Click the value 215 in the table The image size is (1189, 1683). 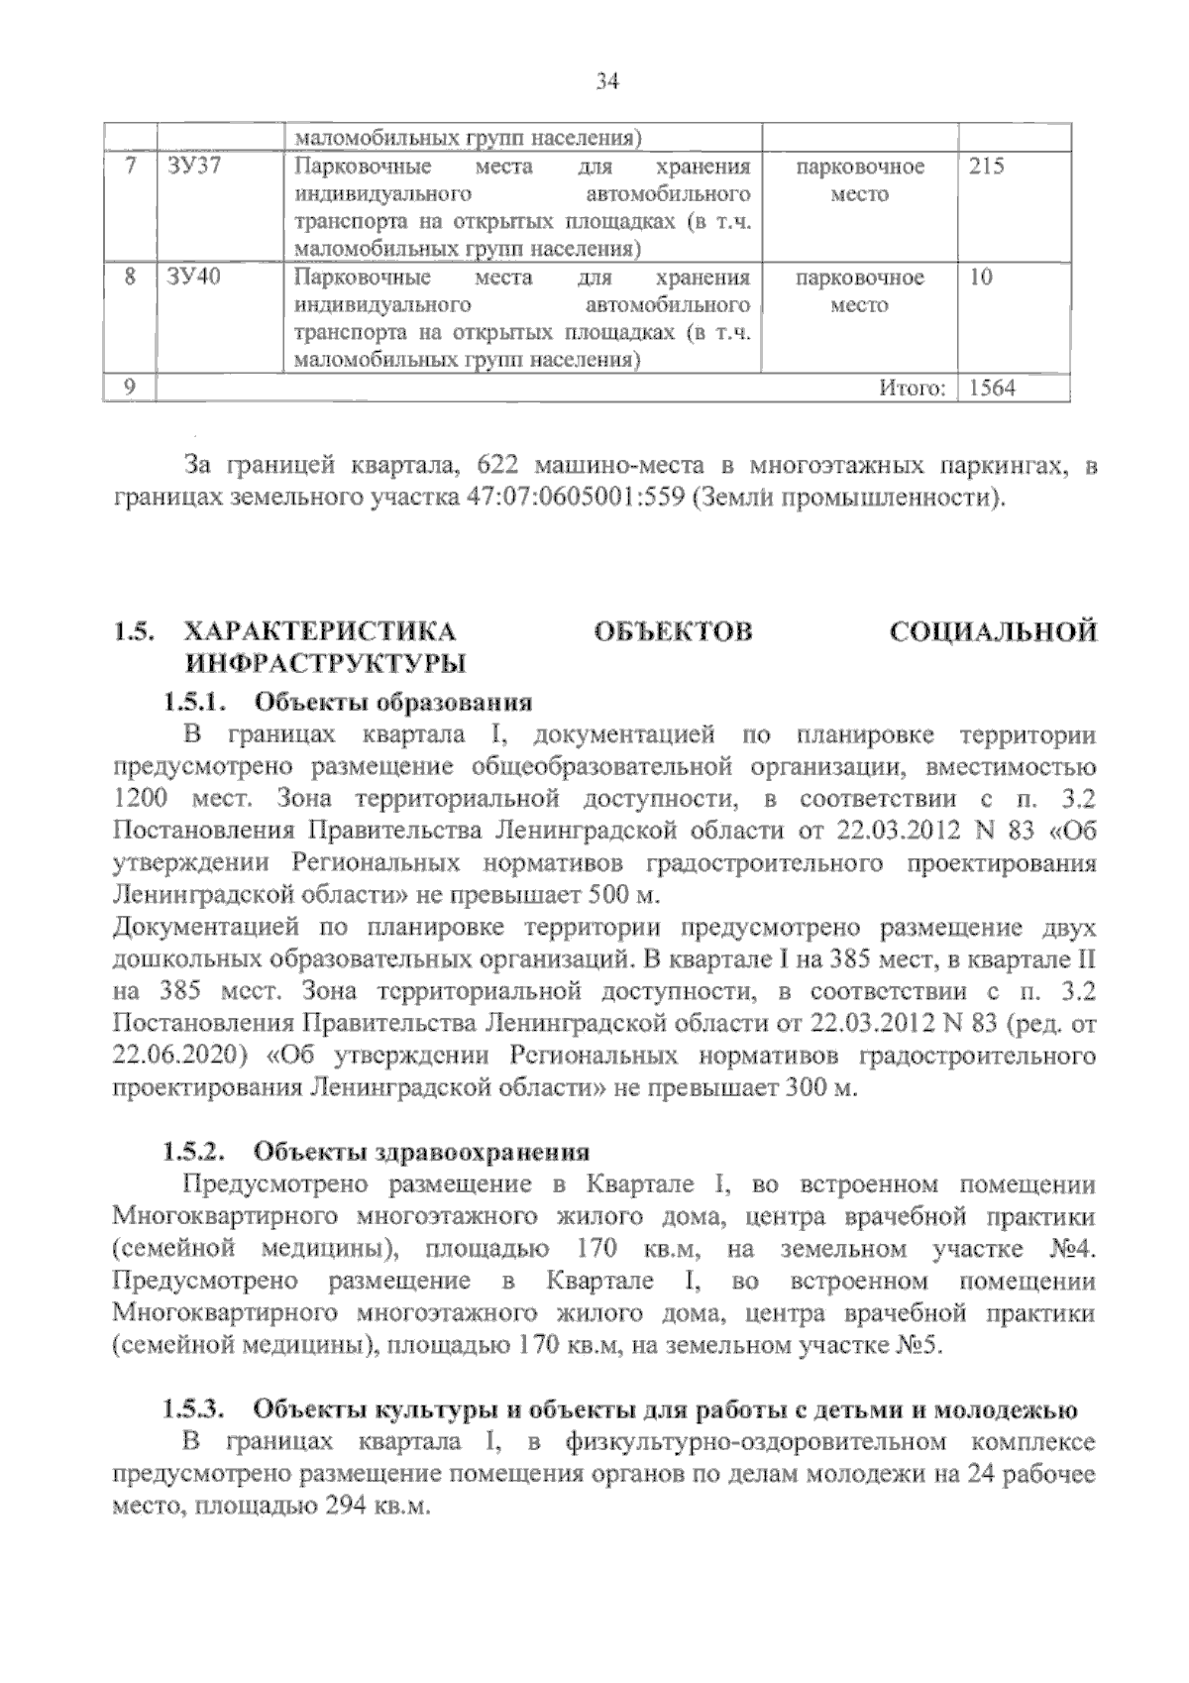click(986, 167)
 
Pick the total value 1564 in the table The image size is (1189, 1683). click(992, 389)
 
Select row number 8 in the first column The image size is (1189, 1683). click(130, 278)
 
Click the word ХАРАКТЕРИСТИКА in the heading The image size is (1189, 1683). click(321, 631)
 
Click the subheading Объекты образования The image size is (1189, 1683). click(393, 703)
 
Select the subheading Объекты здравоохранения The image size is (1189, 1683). click(421, 1152)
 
